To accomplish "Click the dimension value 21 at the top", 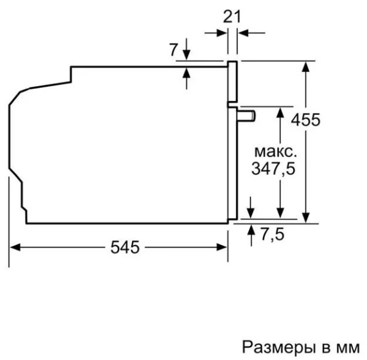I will coord(231,17).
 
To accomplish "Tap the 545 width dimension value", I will coord(125,247).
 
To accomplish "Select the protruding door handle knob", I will coord(247,114).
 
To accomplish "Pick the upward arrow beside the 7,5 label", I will coord(252,229).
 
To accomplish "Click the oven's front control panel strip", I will coord(232,82).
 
